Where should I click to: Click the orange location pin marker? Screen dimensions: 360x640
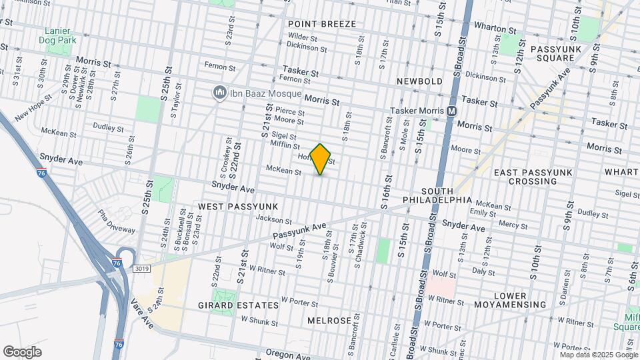point(321,159)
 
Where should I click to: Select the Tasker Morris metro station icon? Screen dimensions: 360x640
point(452,111)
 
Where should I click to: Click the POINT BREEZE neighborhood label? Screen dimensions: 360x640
point(322,24)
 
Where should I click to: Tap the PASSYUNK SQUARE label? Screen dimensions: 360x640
point(551,54)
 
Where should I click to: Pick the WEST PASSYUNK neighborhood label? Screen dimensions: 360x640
point(229,207)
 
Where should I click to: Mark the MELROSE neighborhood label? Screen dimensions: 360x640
point(329,321)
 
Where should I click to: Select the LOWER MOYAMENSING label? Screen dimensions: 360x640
point(519,300)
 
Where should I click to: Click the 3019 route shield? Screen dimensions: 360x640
point(141,269)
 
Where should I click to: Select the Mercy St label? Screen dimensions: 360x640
point(513,225)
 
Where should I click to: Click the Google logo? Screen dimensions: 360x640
point(22,352)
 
